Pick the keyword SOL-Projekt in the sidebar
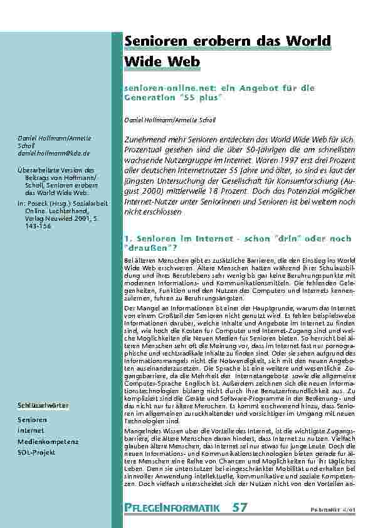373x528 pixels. point(36,452)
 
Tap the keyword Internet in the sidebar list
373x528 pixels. point(31,431)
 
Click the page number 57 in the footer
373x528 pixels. point(240,507)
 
